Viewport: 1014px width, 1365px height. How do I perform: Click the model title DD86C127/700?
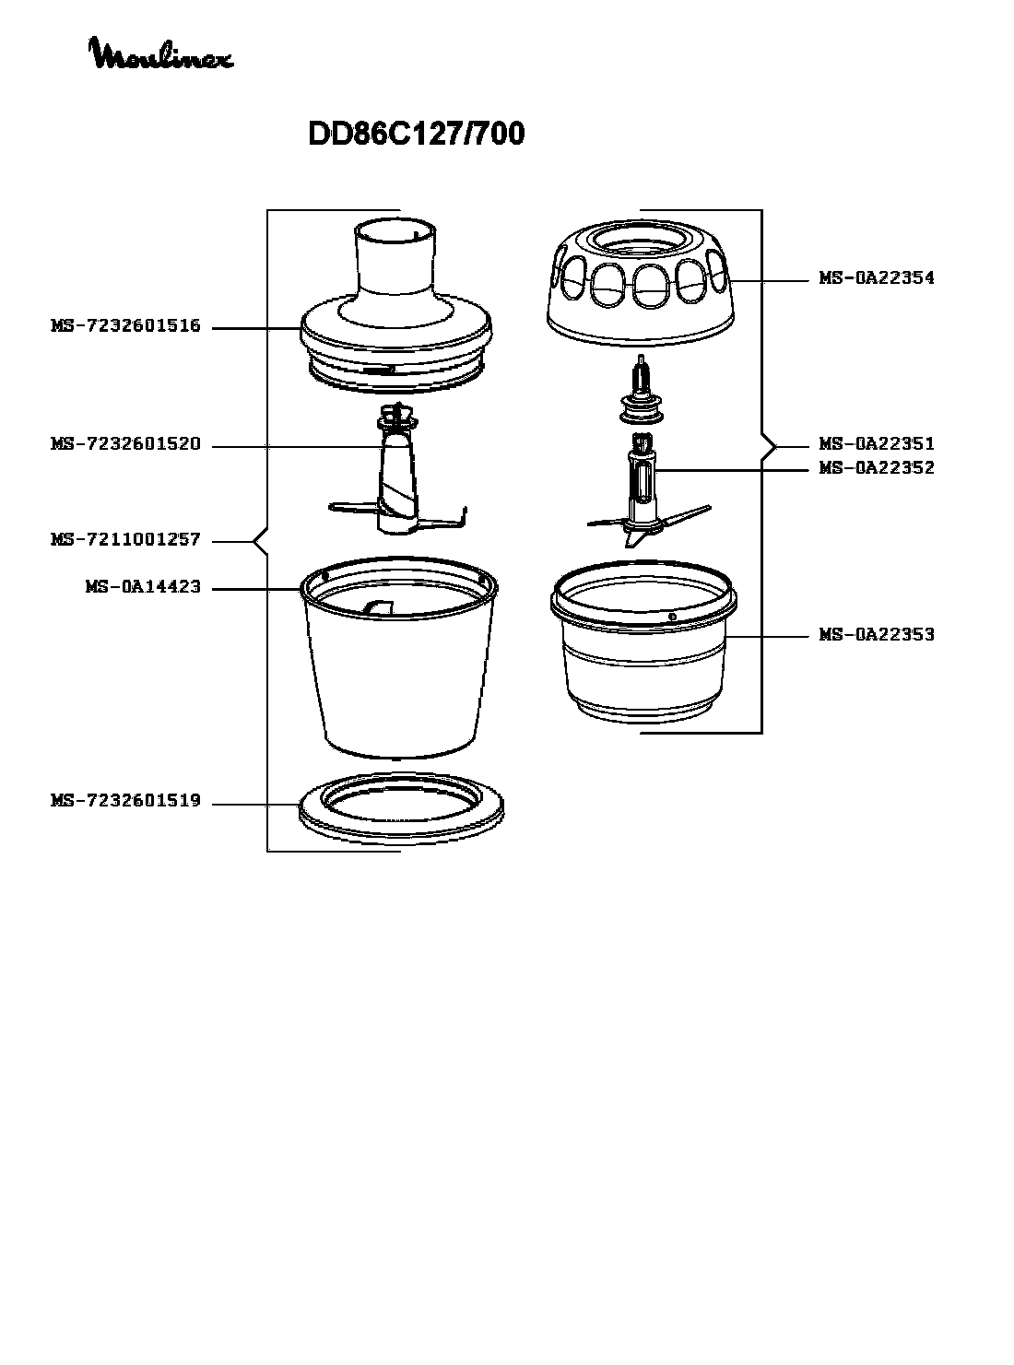[416, 134]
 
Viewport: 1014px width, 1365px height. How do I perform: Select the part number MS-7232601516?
[125, 325]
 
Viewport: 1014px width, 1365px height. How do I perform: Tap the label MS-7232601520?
[125, 443]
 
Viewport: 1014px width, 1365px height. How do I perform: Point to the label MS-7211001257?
[125, 540]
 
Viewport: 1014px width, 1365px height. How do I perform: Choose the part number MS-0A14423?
[144, 586]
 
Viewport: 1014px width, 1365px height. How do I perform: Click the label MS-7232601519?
[125, 801]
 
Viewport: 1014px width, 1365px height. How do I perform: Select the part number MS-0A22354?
[877, 277]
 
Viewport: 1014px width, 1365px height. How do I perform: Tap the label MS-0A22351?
[877, 443]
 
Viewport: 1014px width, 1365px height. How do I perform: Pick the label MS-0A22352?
[877, 467]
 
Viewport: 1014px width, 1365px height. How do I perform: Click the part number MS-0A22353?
[877, 634]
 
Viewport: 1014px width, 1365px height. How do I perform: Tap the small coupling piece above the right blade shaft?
[642, 391]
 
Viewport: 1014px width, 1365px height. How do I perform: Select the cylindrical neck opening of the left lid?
[395, 258]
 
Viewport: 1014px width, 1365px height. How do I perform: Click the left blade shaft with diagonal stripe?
[397, 480]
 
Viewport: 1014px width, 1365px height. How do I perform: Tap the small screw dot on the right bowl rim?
[672, 617]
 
